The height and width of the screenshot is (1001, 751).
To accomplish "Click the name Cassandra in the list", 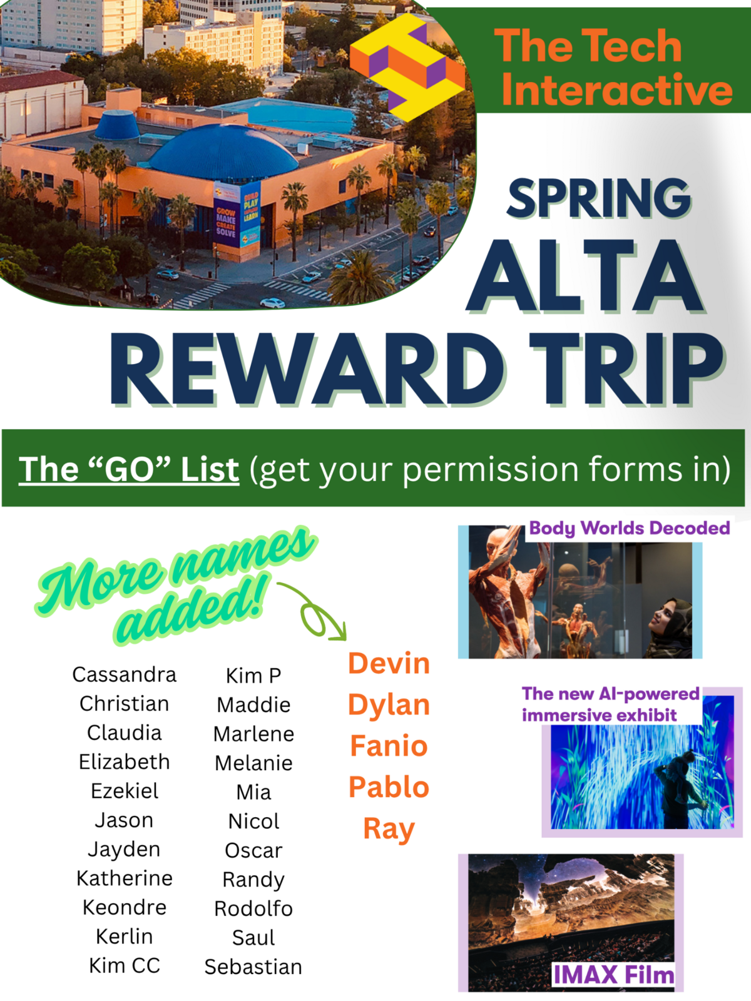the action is (x=124, y=674).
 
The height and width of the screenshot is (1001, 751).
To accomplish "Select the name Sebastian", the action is (x=253, y=967).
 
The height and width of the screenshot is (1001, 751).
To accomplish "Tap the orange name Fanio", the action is (x=389, y=746).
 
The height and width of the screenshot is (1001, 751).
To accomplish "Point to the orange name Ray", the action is (x=389, y=829).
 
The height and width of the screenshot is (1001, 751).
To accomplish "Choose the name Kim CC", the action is (x=125, y=965).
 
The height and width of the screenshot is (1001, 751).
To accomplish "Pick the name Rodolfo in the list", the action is (x=253, y=908).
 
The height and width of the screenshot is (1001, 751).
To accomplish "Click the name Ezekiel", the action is (x=125, y=791).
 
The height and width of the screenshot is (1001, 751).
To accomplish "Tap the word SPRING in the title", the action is (x=599, y=198).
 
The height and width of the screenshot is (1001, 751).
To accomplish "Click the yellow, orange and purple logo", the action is (x=407, y=68).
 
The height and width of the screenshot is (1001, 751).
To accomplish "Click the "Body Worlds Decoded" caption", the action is (x=629, y=528).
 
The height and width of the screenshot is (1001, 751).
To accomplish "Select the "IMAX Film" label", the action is (x=613, y=975).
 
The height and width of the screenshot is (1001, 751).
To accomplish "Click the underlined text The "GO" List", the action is (x=129, y=469).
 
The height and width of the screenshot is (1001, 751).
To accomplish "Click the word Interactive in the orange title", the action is (x=616, y=88).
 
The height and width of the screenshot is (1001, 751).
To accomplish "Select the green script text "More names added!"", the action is (x=176, y=586).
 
